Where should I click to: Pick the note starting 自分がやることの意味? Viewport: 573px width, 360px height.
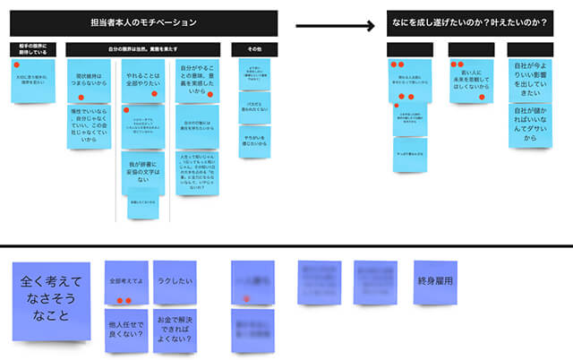[x=200, y=81]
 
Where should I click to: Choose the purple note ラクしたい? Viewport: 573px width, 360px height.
[x=174, y=283]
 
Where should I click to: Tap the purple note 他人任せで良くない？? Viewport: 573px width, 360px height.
[x=126, y=330]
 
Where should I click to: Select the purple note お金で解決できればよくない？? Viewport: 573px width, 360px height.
[x=174, y=330]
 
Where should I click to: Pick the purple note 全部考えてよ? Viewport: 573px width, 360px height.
[x=126, y=283]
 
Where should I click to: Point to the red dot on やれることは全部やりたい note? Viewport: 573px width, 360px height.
[x=155, y=94]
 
